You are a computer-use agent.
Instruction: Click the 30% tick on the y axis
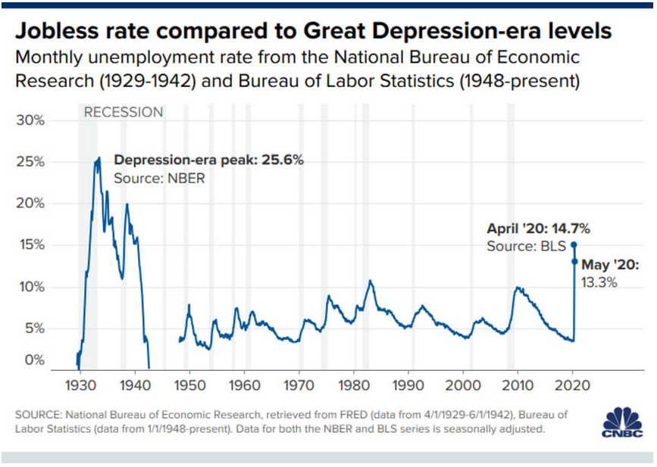(32, 120)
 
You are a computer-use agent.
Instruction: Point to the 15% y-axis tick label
(32, 245)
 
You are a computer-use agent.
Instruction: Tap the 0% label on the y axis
(35, 360)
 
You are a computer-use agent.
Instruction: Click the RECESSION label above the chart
(123, 113)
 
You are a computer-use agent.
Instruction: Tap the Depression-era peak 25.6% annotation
(208, 161)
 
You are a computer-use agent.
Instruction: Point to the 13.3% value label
(600, 282)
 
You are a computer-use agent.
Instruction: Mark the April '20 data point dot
(574, 244)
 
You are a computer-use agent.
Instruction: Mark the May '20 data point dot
(574, 262)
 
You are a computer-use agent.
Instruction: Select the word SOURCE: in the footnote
(37, 415)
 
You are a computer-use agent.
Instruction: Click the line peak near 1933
(99, 157)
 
